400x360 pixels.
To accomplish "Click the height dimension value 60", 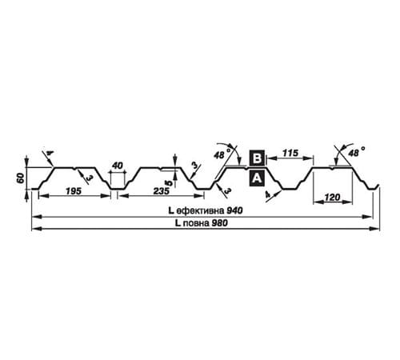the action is tap(21, 178).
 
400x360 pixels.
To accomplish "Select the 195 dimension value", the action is tap(74, 191).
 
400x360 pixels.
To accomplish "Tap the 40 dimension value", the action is tap(118, 166).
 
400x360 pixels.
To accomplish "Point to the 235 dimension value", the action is tap(162, 191).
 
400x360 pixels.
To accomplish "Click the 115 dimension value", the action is tap(290, 153).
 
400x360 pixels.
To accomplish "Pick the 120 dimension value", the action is tap(333, 198).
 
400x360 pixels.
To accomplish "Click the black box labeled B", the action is tap(257, 158).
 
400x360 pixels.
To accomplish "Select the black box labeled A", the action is tap(257, 178).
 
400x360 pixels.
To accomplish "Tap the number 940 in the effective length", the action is tap(234, 210).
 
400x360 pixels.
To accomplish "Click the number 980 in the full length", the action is tap(220, 223).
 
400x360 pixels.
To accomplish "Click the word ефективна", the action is tap(201, 211).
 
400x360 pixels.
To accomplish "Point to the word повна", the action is tap(196, 223).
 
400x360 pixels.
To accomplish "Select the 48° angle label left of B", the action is tap(222, 154).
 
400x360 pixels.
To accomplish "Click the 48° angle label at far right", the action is tap(357, 152).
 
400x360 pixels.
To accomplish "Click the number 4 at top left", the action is tap(50, 153).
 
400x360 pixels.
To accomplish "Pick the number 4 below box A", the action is tap(268, 195).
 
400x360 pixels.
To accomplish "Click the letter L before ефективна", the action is tap(171, 210).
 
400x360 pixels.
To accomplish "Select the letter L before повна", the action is tap(178, 223).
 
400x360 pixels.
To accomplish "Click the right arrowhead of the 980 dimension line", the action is tap(375, 229).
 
